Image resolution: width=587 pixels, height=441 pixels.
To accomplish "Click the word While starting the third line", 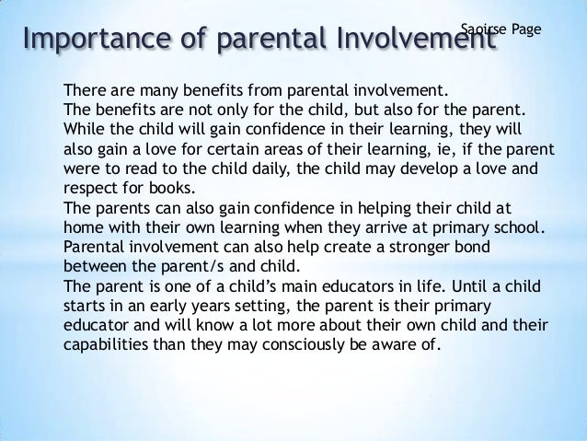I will (83, 131).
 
